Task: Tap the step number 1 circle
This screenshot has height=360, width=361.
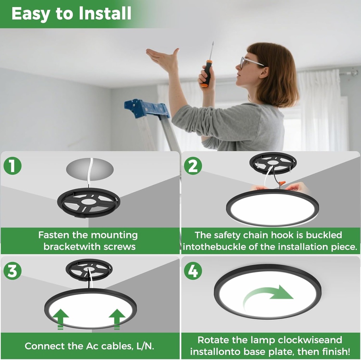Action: (13, 166)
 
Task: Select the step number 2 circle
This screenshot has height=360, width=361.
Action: (193, 166)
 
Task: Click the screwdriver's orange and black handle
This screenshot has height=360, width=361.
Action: (207, 74)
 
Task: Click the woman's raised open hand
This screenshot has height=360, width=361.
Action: (163, 58)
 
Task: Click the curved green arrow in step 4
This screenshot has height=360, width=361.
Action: (268, 296)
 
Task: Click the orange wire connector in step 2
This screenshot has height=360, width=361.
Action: (281, 183)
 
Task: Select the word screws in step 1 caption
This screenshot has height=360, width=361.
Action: (118, 247)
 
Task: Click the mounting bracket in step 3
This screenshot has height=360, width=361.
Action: (89, 269)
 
